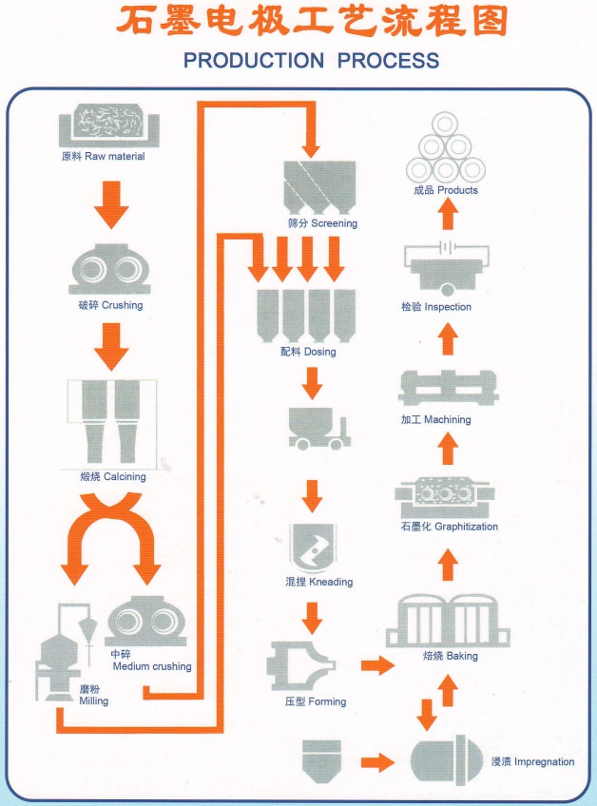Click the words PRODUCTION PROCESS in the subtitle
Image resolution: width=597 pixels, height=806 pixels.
tap(311, 60)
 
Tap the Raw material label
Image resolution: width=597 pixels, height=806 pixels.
tap(103, 156)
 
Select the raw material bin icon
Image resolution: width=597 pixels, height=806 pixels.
tap(109, 125)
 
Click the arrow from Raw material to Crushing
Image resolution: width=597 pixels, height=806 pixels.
tap(111, 204)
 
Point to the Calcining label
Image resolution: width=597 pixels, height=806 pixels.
tap(113, 476)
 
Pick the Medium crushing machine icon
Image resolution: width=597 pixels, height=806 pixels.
tap(145, 621)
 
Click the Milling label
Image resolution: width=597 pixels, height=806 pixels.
tap(93, 695)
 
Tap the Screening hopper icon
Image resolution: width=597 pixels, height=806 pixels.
tap(319, 187)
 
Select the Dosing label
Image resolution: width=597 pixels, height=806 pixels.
tap(308, 352)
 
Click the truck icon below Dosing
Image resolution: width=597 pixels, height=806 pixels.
tap(318, 429)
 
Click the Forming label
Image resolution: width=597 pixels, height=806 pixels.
tap(316, 701)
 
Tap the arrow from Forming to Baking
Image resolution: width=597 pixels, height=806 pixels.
tap(377, 665)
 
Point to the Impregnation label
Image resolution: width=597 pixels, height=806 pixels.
tap(532, 761)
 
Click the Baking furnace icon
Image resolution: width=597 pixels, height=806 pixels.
tap(448, 621)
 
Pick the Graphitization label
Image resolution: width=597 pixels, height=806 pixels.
tap(450, 527)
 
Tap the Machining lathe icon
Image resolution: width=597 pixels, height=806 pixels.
tap(449, 388)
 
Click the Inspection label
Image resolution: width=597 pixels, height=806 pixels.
tap(436, 307)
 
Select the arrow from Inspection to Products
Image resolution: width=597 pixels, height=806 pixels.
tap(448, 214)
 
